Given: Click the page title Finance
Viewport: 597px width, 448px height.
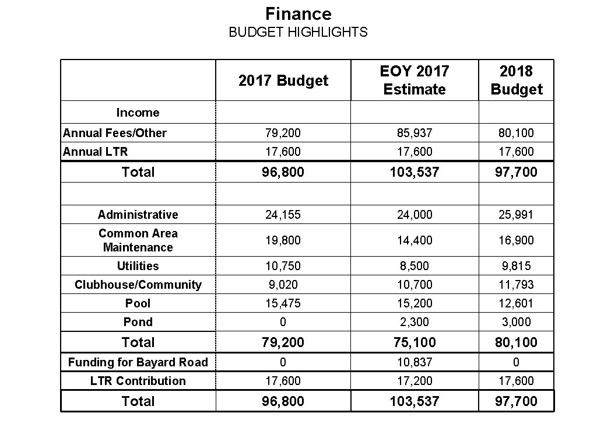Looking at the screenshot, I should pyautogui.click(x=298, y=13).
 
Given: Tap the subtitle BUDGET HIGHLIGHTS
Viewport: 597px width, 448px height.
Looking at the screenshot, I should pyautogui.click(x=298, y=32).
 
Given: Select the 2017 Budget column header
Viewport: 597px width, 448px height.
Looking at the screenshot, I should pyautogui.click(x=283, y=80).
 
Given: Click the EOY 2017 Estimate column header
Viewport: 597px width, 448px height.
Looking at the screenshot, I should pyautogui.click(x=414, y=80).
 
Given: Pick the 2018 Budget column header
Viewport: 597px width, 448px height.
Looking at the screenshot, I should pyautogui.click(x=516, y=80).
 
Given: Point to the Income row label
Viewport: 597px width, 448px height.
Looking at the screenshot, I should pyautogui.click(x=138, y=113).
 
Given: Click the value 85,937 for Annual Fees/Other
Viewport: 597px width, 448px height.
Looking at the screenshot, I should pyautogui.click(x=414, y=133).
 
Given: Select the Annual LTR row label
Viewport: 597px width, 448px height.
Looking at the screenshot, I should pyautogui.click(x=95, y=152).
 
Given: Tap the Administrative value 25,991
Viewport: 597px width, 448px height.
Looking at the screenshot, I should pyautogui.click(x=516, y=215).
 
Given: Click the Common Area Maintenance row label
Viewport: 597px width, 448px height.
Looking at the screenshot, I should pyautogui.click(x=138, y=240).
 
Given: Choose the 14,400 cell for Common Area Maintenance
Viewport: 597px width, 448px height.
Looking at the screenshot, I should pyautogui.click(x=414, y=240).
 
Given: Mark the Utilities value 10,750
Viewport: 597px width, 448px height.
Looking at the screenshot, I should pyautogui.click(x=283, y=266).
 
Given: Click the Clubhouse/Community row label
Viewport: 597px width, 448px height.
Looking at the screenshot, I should pyautogui.click(x=138, y=285).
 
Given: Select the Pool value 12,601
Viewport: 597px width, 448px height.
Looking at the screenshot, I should pyautogui.click(x=516, y=303).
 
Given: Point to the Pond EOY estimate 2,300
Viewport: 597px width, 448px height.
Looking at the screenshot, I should pyautogui.click(x=414, y=322).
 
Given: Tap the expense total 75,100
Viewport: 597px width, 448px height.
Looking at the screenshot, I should pyautogui.click(x=414, y=342).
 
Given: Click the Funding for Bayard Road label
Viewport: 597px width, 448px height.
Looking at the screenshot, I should pyautogui.click(x=138, y=362).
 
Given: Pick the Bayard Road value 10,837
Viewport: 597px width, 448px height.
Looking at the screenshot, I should pyautogui.click(x=414, y=362).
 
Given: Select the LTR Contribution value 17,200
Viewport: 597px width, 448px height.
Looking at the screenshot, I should pyautogui.click(x=414, y=381).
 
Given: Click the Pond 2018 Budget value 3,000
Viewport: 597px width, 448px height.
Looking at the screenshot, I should pyautogui.click(x=516, y=322).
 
